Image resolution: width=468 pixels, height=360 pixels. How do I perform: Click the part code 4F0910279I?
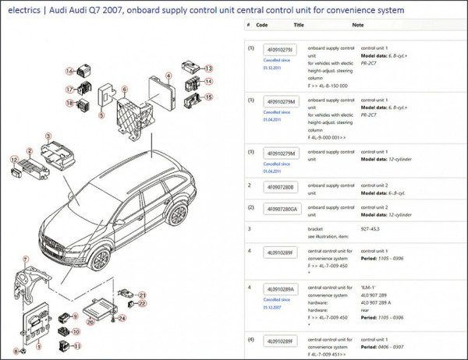click(281, 50)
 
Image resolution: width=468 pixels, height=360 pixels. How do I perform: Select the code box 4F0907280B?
click(281, 188)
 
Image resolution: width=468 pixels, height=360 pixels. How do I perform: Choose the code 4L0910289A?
click(281, 289)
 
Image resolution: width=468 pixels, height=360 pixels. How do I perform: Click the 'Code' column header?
click(262, 25)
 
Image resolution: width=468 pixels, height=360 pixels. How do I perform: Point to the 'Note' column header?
click(358, 25)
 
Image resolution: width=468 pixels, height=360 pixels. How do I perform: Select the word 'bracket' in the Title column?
click(318, 230)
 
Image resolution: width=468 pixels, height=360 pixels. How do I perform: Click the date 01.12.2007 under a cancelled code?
click(271, 308)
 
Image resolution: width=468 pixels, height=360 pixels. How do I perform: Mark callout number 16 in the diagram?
click(69, 72)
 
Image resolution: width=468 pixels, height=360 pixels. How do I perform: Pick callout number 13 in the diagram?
click(208, 69)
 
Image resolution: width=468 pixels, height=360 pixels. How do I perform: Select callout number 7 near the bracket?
click(25, 259)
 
